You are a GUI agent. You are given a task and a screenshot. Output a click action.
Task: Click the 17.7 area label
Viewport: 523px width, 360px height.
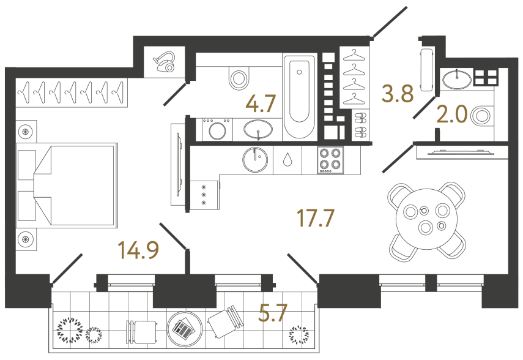click(x=316, y=217)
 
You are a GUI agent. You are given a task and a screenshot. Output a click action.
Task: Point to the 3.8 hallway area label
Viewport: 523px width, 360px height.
click(x=398, y=94)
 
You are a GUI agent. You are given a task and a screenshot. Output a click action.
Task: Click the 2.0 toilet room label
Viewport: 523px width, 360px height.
click(x=453, y=114)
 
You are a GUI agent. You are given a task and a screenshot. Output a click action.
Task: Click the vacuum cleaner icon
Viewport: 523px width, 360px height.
click(x=165, y=61)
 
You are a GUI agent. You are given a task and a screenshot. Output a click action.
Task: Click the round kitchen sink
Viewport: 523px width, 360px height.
click(x=255, y=160)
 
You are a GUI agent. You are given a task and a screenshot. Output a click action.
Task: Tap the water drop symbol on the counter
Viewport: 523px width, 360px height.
click(x=287, y=160)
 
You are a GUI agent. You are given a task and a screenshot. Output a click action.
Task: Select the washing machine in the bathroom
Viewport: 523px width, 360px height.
click(x=217, y=130)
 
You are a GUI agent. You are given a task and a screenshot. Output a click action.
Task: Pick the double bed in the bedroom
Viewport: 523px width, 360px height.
click(x=67, y=184)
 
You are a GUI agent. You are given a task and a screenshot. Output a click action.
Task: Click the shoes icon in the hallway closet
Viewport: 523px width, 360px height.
click(x=360, y=123)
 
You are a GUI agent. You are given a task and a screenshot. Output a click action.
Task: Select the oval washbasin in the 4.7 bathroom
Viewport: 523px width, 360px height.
click(x=259, y=129)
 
